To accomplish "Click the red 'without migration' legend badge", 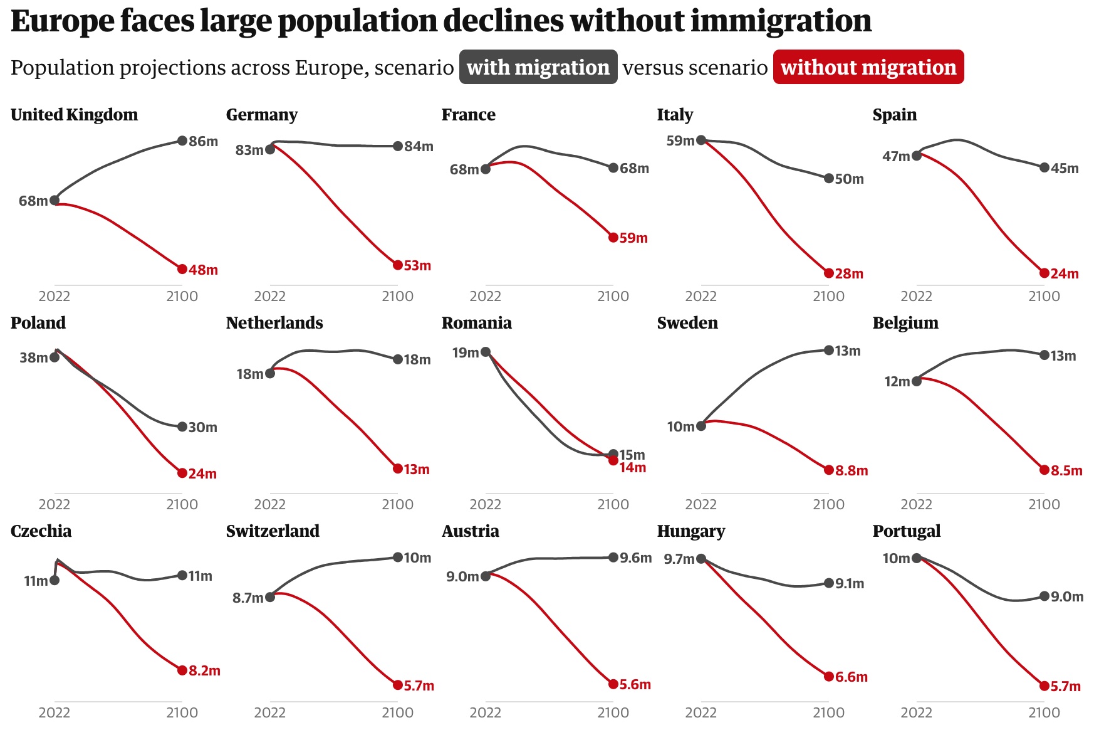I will pos(868,67).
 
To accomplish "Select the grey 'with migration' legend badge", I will pos(538,67).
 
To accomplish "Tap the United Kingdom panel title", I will pos(74,115).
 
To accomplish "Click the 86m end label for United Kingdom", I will pos(203,141).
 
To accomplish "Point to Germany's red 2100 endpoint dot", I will pos(398,265).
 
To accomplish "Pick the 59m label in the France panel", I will pos(633,238).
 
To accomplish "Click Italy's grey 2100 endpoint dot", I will pos(829,179).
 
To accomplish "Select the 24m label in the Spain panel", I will pos(1064,273).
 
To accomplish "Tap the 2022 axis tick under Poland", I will pos(55,504).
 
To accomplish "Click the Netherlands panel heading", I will pos(274,323).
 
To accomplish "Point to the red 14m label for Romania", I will pos(633,468).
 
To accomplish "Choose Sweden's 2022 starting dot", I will pos(701,426).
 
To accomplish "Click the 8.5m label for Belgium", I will pos(1066,470).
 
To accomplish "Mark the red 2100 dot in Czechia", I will pos(182,670).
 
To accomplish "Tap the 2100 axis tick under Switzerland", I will pos(398,712).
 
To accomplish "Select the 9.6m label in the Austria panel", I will pos(635,558).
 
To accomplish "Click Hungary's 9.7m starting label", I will pos(679,559).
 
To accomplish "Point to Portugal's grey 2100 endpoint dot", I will pos(1044,596).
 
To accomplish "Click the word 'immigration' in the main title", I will pos(781,21).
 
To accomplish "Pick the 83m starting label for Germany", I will pos(249,150).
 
